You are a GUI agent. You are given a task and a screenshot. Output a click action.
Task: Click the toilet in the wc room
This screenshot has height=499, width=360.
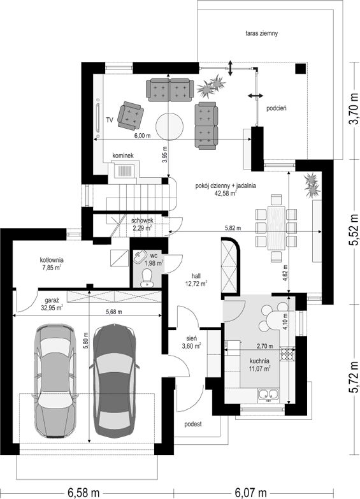(147, 278)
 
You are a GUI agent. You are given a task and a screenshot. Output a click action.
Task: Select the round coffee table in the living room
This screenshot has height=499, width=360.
(169, 126)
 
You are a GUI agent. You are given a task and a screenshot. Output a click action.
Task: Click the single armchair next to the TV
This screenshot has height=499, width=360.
(130, 116)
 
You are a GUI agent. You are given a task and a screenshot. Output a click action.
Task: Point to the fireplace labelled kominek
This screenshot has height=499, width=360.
(124, 170)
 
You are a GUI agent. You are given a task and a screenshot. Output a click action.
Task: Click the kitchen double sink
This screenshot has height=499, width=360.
(268, 394)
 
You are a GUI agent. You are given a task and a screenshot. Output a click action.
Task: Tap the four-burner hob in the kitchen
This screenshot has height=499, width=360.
(287, 352)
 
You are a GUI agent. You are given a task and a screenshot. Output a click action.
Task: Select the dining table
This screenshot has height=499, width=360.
(276, 228)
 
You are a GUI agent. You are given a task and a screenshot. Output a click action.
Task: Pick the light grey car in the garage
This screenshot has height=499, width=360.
(56, 380)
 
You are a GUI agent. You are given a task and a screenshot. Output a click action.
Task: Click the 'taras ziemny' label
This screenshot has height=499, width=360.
(262, 33)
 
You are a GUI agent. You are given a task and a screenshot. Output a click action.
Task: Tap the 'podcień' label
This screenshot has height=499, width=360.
(277, 108)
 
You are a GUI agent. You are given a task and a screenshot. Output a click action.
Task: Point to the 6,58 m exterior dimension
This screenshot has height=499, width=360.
(84, 493)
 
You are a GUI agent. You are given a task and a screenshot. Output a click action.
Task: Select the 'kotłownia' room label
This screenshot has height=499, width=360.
(51, 259)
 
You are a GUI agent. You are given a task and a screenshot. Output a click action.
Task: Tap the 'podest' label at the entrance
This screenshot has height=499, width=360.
(193, 424)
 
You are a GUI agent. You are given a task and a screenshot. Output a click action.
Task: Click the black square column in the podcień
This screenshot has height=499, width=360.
(300, 68)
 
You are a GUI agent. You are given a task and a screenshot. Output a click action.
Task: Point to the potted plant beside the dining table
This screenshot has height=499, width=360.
(312, 185)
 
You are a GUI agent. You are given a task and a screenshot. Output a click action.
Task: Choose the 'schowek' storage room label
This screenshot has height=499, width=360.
(142, 221)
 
